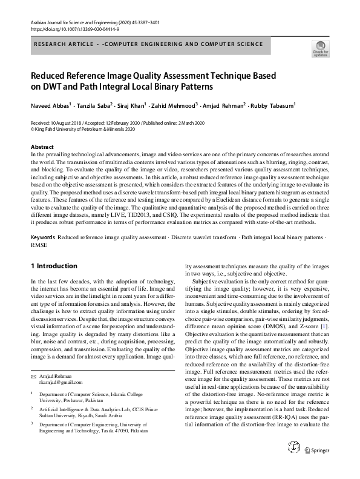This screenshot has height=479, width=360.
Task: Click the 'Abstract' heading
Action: point(42,147)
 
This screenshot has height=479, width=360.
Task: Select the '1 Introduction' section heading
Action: point(54,266)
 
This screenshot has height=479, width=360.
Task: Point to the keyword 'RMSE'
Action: point(39,246)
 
